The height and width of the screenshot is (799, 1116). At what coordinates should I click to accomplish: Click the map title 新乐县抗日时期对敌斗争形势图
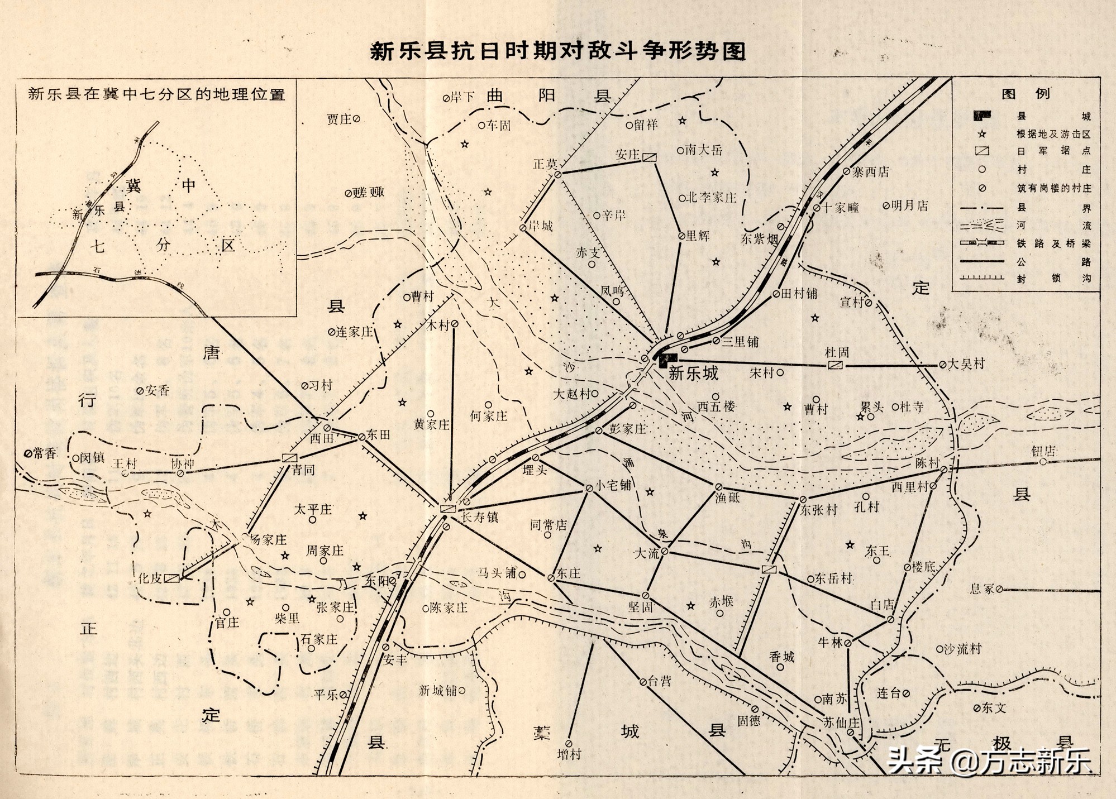click(558, 52)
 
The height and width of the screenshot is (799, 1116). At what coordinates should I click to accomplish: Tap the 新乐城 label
click(693, 374)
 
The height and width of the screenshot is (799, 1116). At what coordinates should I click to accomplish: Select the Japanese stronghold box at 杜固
click(835, 365)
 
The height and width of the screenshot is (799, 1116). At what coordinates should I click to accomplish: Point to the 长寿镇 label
click(479, 517)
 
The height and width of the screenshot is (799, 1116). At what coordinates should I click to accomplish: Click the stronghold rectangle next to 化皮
click(172, 578)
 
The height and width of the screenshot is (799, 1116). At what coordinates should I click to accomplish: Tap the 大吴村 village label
click(966, 364)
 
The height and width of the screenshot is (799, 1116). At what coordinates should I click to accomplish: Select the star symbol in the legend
click(981, 134)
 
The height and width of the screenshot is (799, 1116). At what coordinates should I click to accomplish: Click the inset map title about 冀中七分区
click(157, 94)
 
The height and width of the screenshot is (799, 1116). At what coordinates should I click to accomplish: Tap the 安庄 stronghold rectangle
click(649, 157)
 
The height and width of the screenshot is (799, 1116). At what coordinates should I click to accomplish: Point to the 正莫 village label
click(545, 164)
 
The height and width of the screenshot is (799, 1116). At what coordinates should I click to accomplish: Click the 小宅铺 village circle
click(589, 489)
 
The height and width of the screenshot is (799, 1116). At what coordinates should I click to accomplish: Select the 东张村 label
click(819, 510)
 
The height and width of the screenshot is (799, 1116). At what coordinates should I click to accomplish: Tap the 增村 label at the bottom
click(569, 754)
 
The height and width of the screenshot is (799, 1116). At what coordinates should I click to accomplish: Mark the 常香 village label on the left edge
click(45, 453)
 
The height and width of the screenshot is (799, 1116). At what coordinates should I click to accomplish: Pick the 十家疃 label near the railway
click(840, 208)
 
